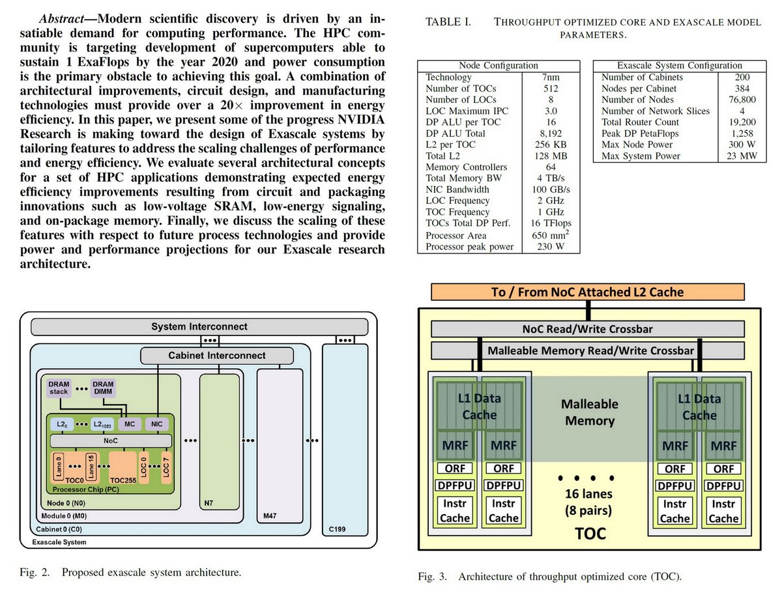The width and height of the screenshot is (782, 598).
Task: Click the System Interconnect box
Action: click(x=199, y=326)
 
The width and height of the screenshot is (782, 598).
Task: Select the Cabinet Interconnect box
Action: click(x=218, y=355)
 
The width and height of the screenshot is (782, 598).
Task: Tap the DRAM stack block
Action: click(x=59, y=388)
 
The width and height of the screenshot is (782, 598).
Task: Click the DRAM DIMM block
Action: click(x=102, y=388)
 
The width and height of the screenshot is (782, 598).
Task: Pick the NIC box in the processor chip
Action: click(x=156, y=423)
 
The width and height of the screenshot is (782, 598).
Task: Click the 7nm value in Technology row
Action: click(x=551, y=77)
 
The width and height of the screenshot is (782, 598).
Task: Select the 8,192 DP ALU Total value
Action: click(x=551, y=133)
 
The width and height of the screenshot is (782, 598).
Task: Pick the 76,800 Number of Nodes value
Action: click(x=743, y=100)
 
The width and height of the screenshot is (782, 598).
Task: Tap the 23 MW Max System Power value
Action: click(x=743, y=156)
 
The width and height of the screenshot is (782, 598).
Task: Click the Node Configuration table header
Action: click(x=499, y=65)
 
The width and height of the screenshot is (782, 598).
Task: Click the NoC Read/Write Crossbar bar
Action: click(x=588, y=329)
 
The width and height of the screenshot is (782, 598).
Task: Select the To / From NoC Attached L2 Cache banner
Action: click(x=588, y=292)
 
